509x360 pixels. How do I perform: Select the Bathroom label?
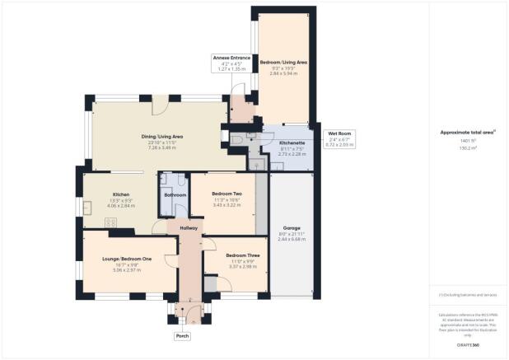pyautogui.click(x=175, y=195)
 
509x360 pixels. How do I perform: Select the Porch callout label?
pyautogui.click(x=182, y=336)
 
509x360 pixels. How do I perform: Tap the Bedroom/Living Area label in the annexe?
pyautogui.click(x=284, y=62)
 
